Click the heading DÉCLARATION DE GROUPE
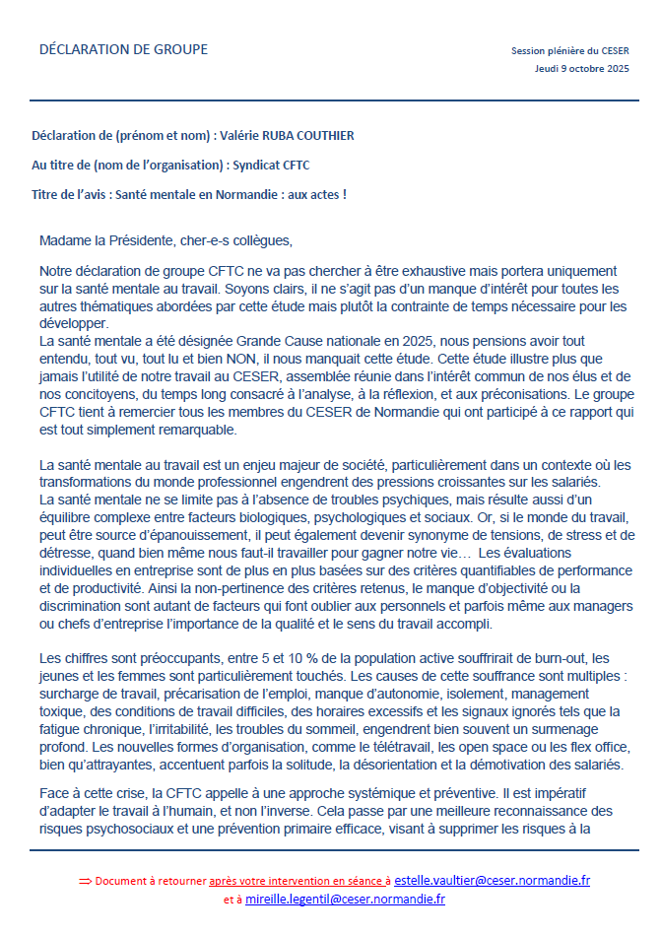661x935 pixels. click(x=123, y=49)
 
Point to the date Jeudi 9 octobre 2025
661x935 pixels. click(x=581, y=69)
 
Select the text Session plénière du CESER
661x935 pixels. click(x=569, y=50)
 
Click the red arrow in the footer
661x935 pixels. click(x=84, y=880)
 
